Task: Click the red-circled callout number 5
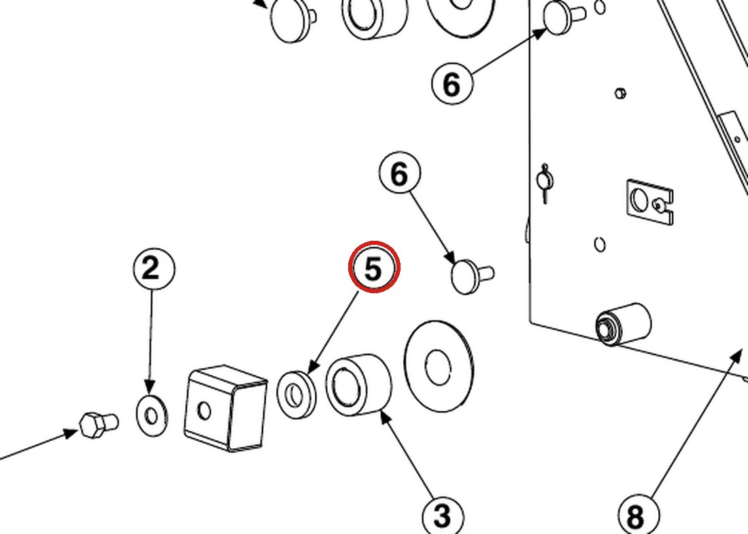(x=373, y=267)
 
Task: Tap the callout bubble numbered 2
(x=154, y=269)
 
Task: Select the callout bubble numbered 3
(x=443, y=516)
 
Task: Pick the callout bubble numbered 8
(x=639, y=516)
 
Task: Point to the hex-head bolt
(x=99, y=424)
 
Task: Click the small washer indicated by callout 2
(x=152, y=415)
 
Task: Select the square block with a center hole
(x=225, y=408)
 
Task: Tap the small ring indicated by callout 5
(x=296, y=394)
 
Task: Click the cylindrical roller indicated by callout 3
(x=358, y=384)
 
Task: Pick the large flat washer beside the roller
(x=439, y=365)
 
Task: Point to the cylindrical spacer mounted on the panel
(x=623, y=324)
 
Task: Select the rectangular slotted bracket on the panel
(x=649, y=201)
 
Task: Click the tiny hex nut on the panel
(x=620, y=93)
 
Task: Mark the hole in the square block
(x=204, y=410)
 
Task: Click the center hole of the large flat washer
(x=437, y=367)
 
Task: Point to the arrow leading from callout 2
(x=151, y=341)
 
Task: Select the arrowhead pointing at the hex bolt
(x=71, y=433)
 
